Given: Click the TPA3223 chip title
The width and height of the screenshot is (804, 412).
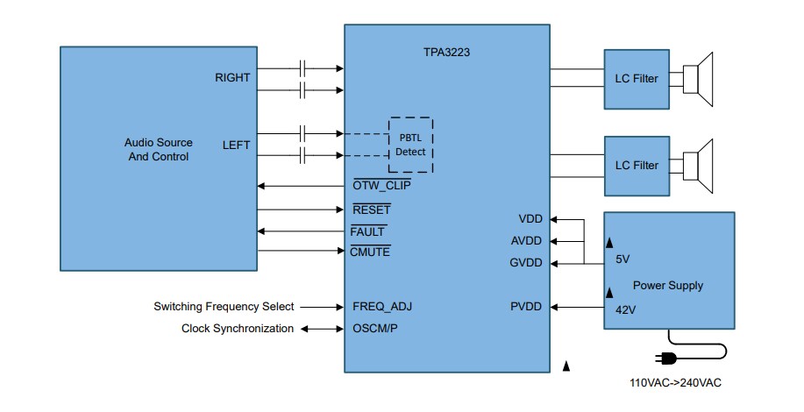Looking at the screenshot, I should [x=446, y=52].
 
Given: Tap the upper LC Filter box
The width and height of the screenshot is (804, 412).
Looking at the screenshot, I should [x=636, y=79].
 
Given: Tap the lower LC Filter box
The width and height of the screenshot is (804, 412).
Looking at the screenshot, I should [x=636, y=165].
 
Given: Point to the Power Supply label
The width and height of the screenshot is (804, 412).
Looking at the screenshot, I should [x=668, y=286].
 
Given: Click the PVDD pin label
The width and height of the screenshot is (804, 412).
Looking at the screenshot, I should [x=526, y=307].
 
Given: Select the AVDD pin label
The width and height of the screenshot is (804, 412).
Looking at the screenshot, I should [x=526, y=241].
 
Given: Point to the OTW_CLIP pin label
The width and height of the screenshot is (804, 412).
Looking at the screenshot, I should [x=381, y=186].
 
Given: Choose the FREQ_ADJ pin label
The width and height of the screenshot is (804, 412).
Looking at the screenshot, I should [x=382, y=307].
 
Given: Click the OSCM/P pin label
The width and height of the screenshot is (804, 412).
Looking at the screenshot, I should [x=374, y=329].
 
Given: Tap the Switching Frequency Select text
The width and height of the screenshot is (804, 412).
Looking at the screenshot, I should [x=224, y=307].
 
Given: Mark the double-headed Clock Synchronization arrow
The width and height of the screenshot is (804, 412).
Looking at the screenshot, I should [x=322, y=329].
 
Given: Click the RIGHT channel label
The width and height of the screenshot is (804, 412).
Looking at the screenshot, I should [x=232, y=78].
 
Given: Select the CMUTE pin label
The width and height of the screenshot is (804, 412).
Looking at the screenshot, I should [x=371, y=252].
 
